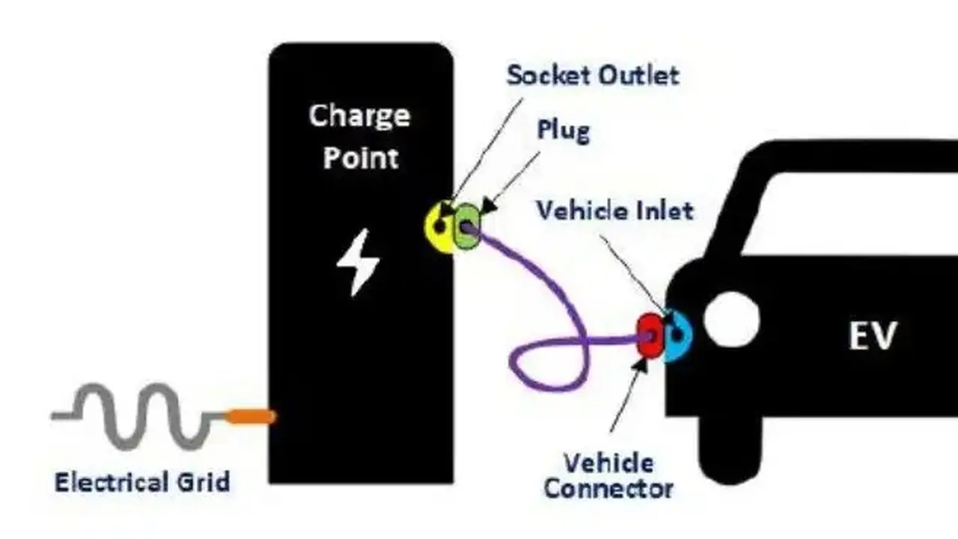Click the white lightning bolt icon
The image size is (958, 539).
point(358,262)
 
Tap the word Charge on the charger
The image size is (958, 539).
point(359,116)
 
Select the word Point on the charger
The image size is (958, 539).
point(361,158)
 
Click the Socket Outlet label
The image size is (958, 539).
point(594,76)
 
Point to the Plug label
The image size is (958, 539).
point(564,130)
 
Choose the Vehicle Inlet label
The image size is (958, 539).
point(615,210)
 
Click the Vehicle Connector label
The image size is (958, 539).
point(608,475)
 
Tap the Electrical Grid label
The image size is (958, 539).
point(142,482)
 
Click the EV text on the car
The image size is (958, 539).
point(872,336)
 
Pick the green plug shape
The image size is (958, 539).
point(467,226)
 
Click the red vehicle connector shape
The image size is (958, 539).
point(650,335)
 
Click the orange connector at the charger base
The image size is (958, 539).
point(251,416)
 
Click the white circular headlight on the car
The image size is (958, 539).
point(731,319)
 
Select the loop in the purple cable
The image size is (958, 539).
point(549,363)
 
